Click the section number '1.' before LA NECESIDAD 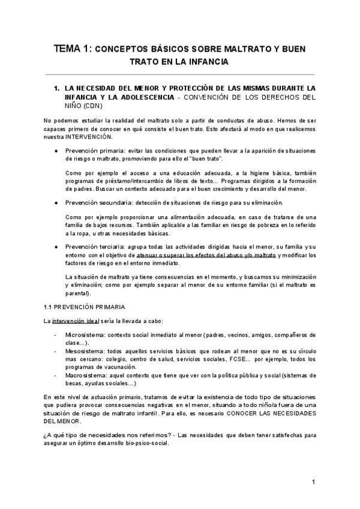(57, 88)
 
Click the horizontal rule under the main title (180, 74)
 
